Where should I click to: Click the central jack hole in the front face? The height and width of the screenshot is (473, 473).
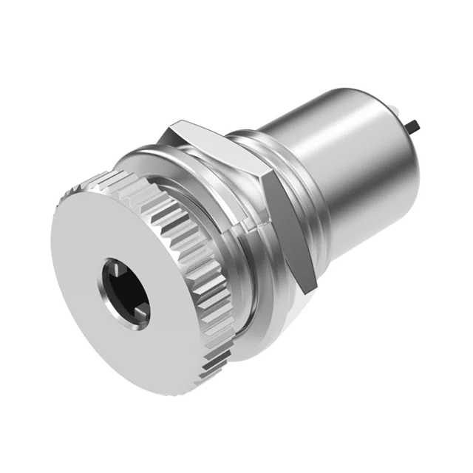pos(123,289)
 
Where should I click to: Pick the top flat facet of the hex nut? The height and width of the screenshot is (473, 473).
pos(214,140)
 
